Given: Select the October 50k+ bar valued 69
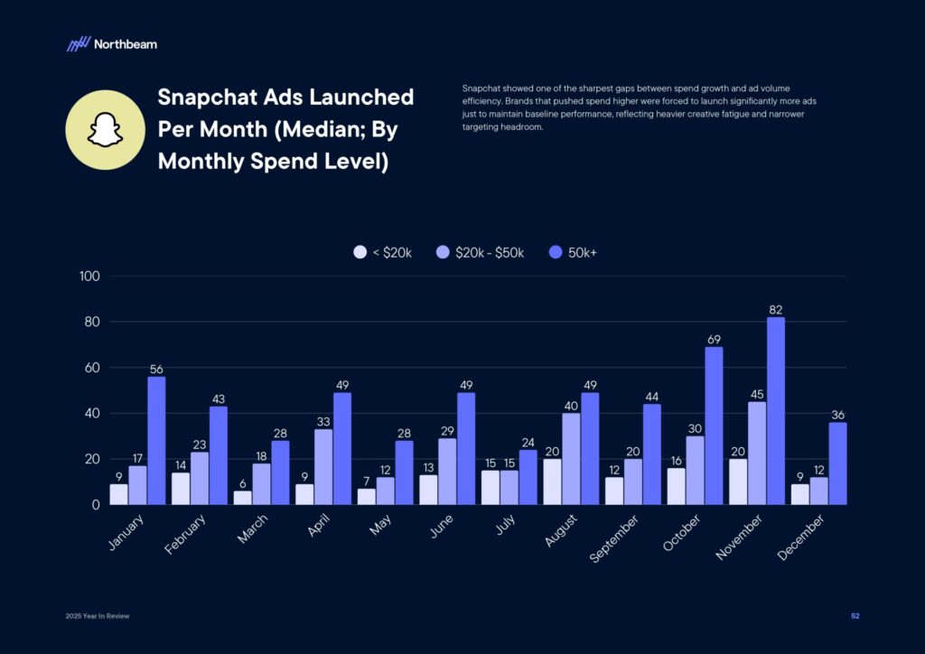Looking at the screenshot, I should coord(714,425).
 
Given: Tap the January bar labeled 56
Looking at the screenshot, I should coord(156,440).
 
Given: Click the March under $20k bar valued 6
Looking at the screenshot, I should coord(242,498).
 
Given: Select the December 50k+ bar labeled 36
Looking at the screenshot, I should coord(837,463).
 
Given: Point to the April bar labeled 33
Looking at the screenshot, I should coord(323,466).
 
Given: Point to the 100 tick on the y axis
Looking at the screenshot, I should coord(89,276).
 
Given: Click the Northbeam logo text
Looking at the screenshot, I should coord(125,43).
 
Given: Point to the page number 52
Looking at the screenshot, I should coord(855,616).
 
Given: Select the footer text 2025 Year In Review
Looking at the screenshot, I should coord(98,616).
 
